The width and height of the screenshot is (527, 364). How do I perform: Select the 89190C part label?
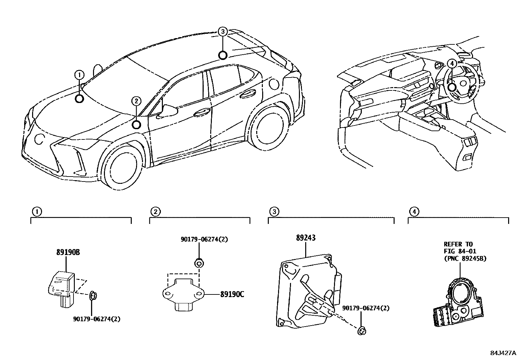232,294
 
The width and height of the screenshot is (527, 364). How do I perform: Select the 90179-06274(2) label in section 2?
204,239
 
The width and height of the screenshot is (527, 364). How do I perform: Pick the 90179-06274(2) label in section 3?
366,308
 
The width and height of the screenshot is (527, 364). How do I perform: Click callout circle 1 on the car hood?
79,75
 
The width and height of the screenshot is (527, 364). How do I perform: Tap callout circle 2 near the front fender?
136,101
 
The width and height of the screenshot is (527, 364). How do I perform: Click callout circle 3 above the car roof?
223,32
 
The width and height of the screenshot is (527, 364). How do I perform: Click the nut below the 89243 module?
362,330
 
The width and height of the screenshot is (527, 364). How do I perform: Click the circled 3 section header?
273,211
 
